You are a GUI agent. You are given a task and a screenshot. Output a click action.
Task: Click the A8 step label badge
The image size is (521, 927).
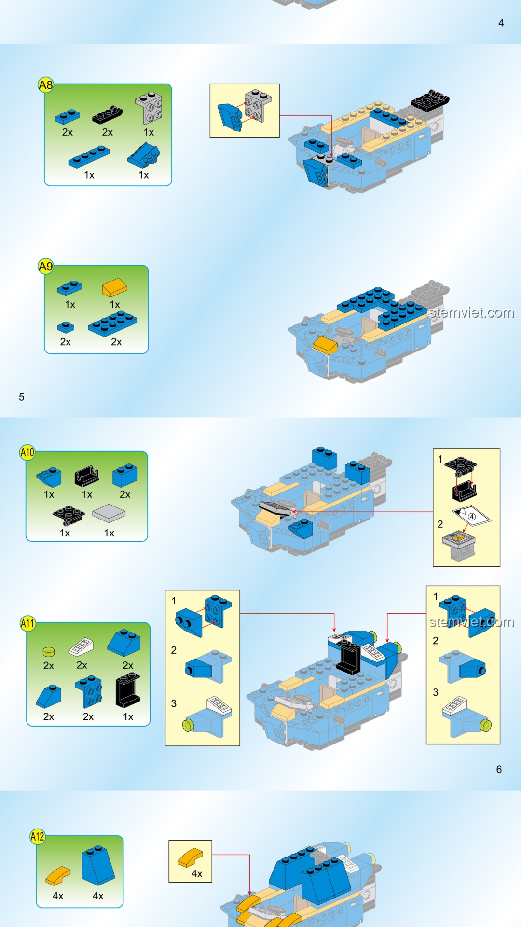(46, 85)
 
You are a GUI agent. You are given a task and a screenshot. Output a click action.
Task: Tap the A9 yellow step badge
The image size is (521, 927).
(46, 266)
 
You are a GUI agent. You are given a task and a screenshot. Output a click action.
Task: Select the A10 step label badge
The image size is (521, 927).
(27, 452)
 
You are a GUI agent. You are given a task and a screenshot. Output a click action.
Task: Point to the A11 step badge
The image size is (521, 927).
(27, 623)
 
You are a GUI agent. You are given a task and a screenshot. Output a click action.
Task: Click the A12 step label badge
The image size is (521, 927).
(38, 836)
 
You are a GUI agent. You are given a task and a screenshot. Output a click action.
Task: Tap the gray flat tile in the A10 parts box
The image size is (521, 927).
(109, 513)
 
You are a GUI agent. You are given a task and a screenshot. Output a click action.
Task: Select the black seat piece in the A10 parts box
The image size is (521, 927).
(87, 476)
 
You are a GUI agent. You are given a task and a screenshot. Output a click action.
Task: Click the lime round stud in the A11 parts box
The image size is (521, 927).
(49, 652)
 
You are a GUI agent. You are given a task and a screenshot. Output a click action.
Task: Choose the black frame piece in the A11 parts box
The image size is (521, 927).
(128, 691)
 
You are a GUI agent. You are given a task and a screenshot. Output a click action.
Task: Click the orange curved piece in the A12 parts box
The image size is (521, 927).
(58, 876)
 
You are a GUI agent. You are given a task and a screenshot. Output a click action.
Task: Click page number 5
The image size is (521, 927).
(22, 397)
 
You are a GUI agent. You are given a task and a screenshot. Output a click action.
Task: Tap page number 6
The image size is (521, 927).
(499, 769)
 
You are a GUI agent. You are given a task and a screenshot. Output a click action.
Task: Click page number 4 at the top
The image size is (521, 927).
(501, 23)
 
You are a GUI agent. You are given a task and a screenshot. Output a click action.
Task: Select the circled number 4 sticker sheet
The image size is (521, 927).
(472, 515)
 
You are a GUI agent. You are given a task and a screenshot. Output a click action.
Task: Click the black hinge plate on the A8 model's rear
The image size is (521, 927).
(430, 100)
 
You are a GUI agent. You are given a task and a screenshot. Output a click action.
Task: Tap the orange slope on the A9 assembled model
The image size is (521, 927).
(325, 345)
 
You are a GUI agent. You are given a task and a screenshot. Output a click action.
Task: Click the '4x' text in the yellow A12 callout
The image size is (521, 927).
(197, 873)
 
